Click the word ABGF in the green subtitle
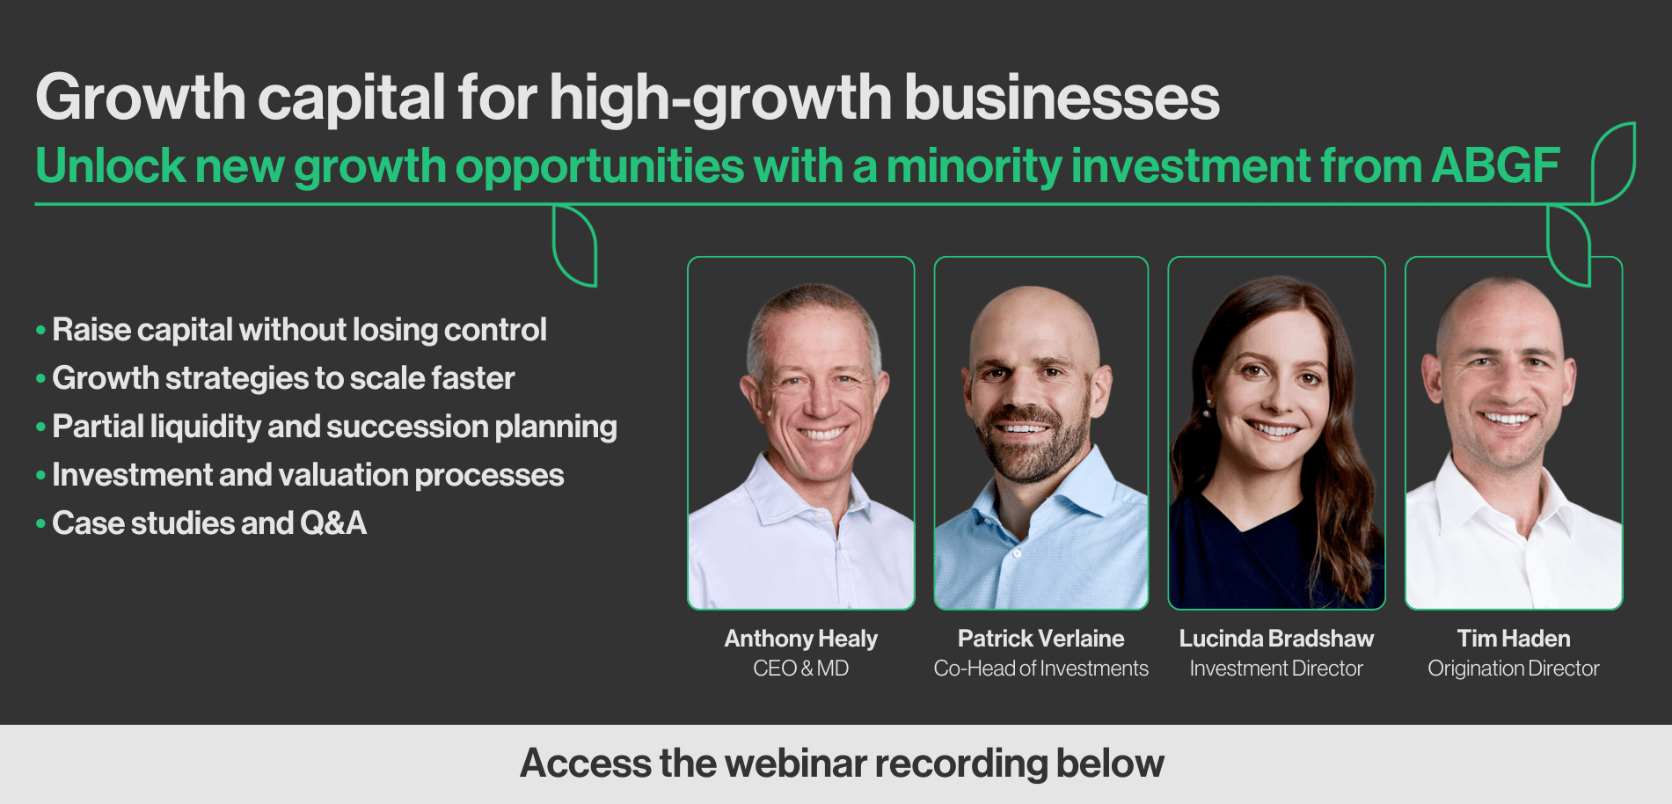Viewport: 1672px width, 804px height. tap(1496, 165)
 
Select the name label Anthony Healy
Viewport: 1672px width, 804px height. tap(801, 639)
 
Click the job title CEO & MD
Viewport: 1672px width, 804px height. tap(801, 669)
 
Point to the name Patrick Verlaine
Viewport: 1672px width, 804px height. tap(1041, 639)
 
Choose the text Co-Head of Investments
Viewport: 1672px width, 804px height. tap(1041, 669)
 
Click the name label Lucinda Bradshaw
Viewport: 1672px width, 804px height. tap(1276, 639)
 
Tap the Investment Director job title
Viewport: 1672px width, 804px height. tap(1276, 669)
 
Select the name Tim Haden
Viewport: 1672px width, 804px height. tap(1514, 639)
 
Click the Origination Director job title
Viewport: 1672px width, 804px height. tap(1514, 669)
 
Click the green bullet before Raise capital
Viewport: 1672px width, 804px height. tap(40, 331)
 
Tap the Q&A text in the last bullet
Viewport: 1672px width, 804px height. tap(332, 523)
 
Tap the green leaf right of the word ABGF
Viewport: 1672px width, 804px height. tap(1613, 163)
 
